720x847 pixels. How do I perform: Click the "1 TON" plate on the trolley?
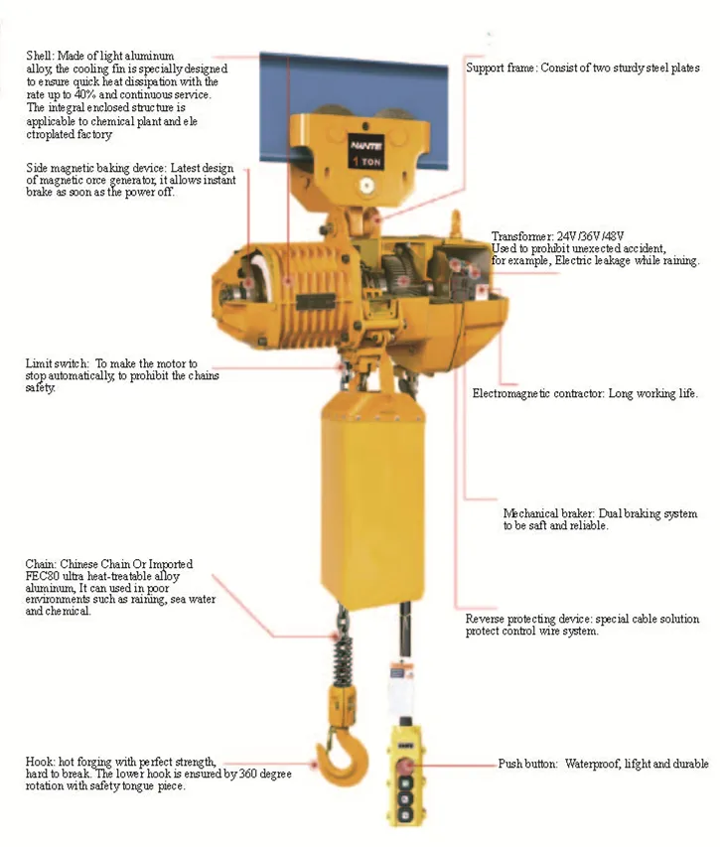click(x=366, y=152)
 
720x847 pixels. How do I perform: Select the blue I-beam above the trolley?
click(x=354, y=108)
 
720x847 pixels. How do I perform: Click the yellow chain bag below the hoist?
click(x=373, y=505)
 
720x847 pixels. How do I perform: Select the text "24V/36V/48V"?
click(x=590, y=236)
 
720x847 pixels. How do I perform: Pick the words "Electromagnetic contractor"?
click(x=537, y=393)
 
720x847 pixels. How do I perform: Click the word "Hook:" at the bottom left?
click(x=40, y=762)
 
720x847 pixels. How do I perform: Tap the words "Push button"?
click(x=527, y=764)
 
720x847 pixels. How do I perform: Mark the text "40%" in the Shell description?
click(x=85, y=95)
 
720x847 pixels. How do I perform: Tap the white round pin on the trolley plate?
click(x=366, y=187)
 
